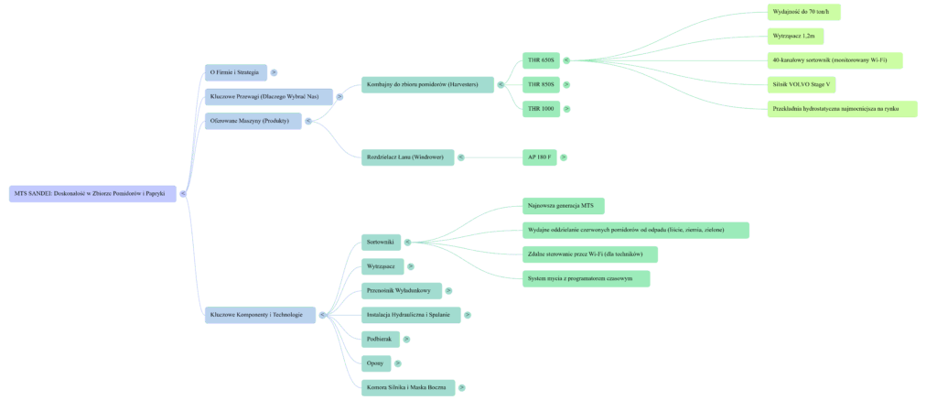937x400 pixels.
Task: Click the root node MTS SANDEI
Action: pos(92,193)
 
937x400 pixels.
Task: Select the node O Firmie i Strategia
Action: pos(235,72)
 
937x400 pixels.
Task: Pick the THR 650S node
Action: pos(541,60)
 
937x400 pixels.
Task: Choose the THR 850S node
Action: pos(541,85)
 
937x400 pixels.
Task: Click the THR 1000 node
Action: pos(541,109)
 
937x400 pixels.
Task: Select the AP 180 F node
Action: pos(539,157)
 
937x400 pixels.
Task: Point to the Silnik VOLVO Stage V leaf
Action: pos(802,84)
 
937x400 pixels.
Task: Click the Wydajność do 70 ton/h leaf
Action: pos(803,12)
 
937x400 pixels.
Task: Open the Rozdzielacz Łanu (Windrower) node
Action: pos(407,157)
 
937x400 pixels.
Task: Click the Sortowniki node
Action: pos(380,242)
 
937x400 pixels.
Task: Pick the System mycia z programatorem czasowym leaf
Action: pos(586,278)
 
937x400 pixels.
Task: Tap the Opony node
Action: pos(375,363)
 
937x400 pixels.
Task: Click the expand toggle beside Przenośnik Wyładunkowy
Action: pos(448,291)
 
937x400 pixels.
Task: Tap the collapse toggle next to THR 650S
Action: pos(566,60)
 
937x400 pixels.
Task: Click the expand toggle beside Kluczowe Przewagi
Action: pos(339,96)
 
